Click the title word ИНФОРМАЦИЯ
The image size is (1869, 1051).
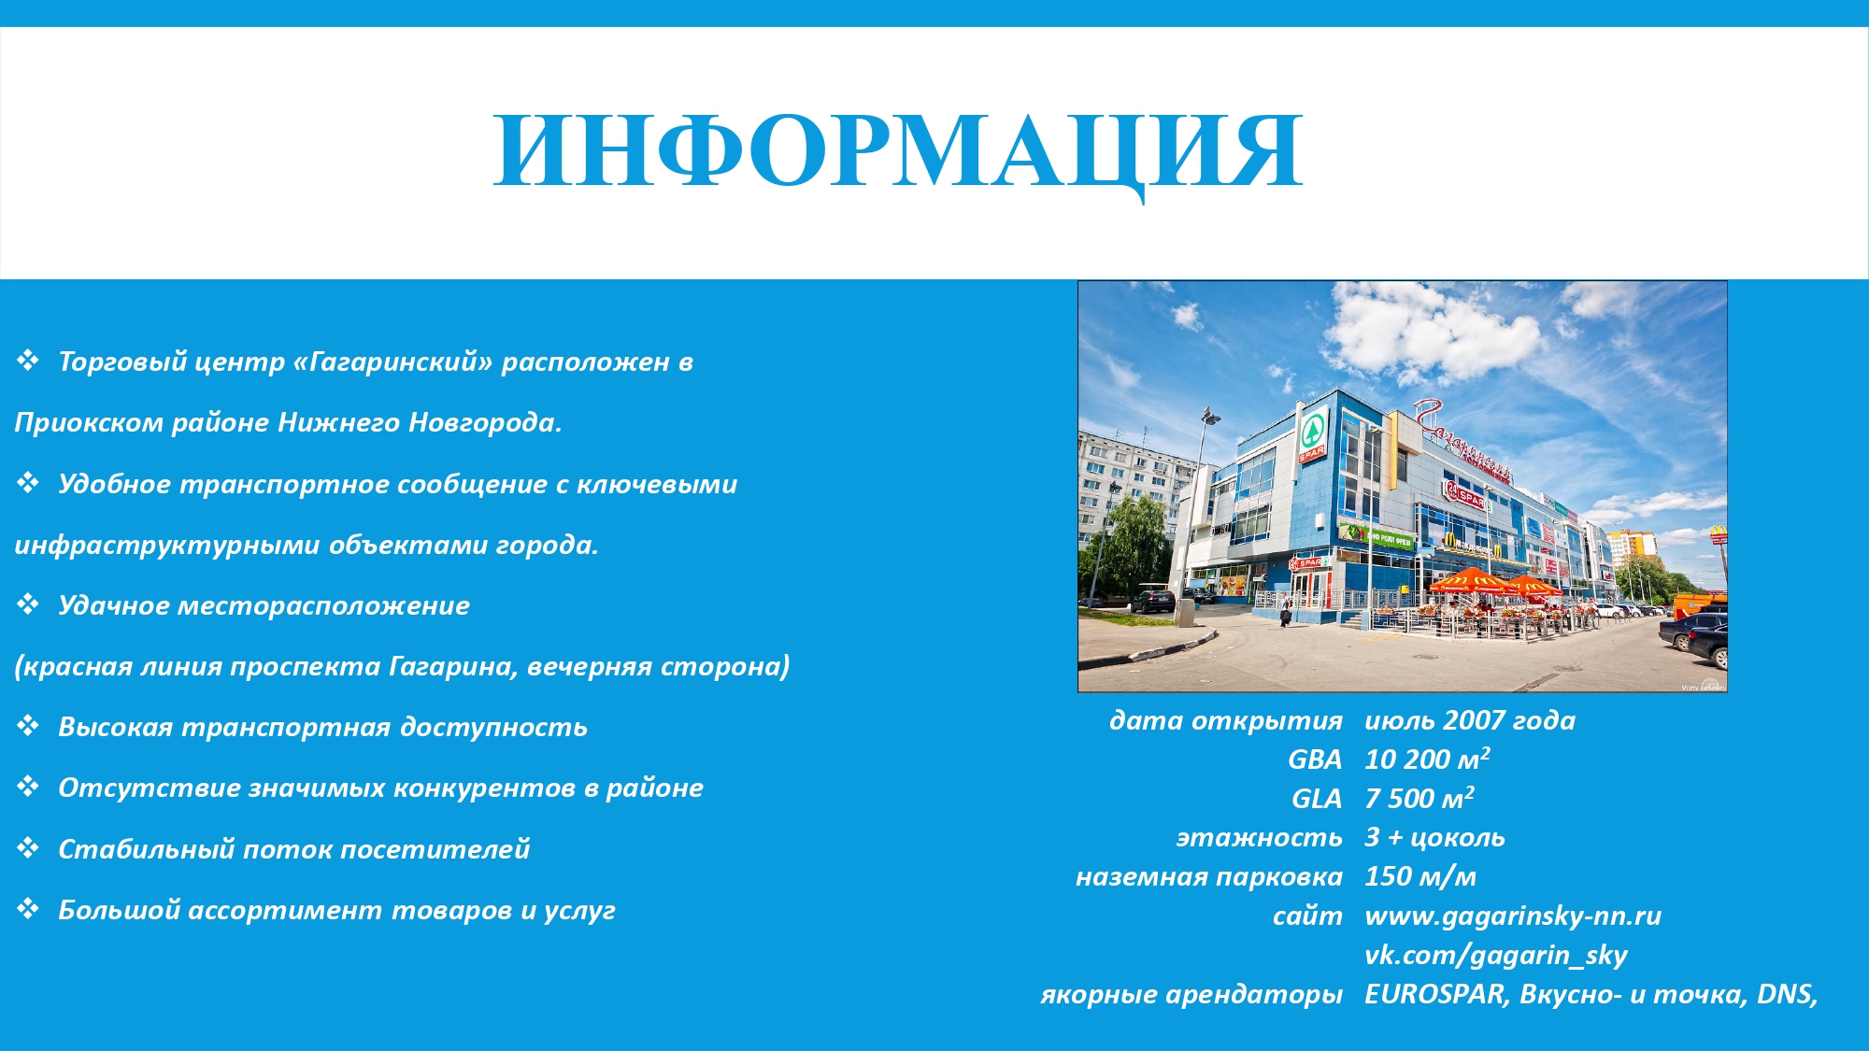[x=898, y=151]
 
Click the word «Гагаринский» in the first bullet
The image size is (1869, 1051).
[x=392, y=362]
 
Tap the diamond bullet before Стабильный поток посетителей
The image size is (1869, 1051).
[x=28, y=847]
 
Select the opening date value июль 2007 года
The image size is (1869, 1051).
[x=1470, y=720]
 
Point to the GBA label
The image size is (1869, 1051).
[x=1315, y=760]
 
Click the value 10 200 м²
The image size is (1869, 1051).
[x=1427, y=759]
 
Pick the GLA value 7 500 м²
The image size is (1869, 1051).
[x=1420, y=798]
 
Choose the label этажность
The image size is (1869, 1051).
[x=1259, y=837]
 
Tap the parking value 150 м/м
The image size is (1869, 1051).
[x=1420, y=876]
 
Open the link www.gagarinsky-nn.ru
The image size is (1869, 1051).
[x=1513, y=916]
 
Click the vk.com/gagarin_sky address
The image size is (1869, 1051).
[x=1496, y=955]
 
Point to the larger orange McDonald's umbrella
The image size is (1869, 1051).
[x=1473, y=581]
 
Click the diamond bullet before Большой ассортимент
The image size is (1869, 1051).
[x=28, y=908]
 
